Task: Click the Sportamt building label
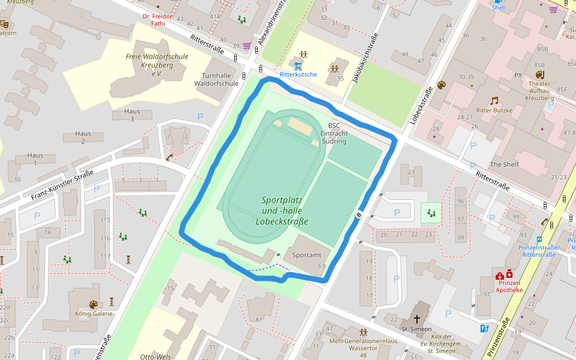click(307, 255)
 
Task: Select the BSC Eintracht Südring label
click(334, 133)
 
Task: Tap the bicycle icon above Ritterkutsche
click(298, 66)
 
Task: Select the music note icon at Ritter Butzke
click(494, 101)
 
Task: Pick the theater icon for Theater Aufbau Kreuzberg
click(539, 74)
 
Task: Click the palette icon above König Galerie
click(94, 304)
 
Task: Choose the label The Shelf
click(504, 164)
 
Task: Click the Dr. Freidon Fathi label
click(157, 20)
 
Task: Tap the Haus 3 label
click(132, 115)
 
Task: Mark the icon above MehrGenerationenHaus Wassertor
click(364, 332)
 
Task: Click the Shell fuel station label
click(499, 8)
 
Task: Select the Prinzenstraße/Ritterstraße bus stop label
click(539, 251)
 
